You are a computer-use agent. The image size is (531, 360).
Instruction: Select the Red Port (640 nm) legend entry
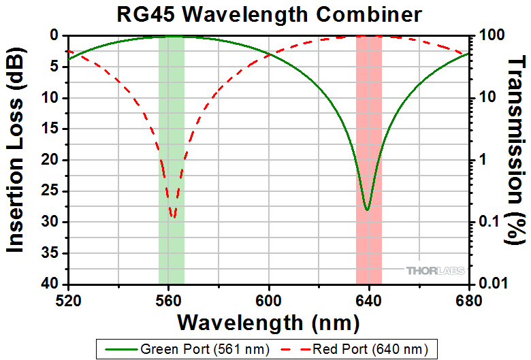361,350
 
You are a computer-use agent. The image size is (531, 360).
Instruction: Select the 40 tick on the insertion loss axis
53,284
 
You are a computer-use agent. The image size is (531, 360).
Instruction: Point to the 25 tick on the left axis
53,191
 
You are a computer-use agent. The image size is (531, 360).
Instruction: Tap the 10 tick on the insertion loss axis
53,98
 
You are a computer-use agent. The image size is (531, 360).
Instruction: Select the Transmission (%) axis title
518,160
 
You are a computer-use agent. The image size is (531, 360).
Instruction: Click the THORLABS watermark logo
435,271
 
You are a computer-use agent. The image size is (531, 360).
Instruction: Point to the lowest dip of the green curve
367,210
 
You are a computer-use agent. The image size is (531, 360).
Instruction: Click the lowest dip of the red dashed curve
173,218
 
